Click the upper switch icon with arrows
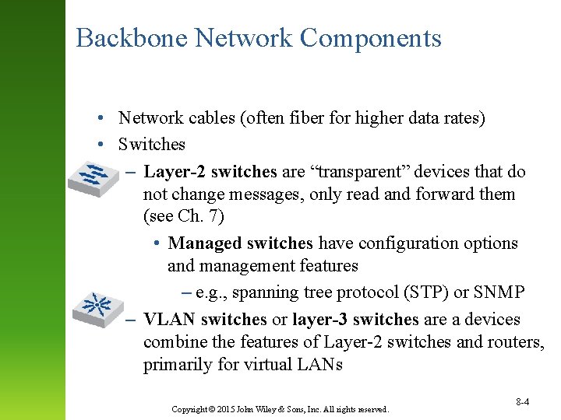tap(93, 179)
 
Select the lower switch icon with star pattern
tap(99, 306)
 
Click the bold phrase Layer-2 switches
tap(210, 171)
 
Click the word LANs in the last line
tap(320, 365)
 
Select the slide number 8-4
tap(523, 402)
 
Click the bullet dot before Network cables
tap(102, 118)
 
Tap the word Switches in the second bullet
tap(152, 145)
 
